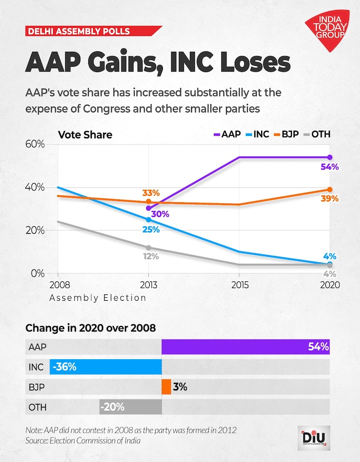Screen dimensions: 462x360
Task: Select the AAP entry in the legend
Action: click(224, 134)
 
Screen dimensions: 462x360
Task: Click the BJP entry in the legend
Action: click(286, 134)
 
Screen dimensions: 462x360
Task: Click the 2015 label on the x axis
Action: click(240, 285)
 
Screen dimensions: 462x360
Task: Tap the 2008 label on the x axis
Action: click(58, 285)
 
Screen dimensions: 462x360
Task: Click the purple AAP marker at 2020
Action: click(330, 158)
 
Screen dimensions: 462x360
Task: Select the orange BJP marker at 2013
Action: click(149, 202)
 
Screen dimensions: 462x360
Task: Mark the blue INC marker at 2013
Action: click(149, 219)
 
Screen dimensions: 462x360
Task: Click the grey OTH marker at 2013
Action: click(149, 248)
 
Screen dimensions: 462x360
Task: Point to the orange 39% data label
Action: click(330, 198)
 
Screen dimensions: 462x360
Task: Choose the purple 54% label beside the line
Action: click(330, 167)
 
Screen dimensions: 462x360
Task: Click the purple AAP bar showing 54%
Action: click(245, 347)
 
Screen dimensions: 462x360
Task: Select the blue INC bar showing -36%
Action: click(106, 367)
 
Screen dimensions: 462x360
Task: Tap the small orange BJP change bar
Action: click(166, 387)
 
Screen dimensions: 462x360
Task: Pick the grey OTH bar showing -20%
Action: click(131, 407)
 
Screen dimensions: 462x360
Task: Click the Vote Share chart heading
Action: click(85, 134)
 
